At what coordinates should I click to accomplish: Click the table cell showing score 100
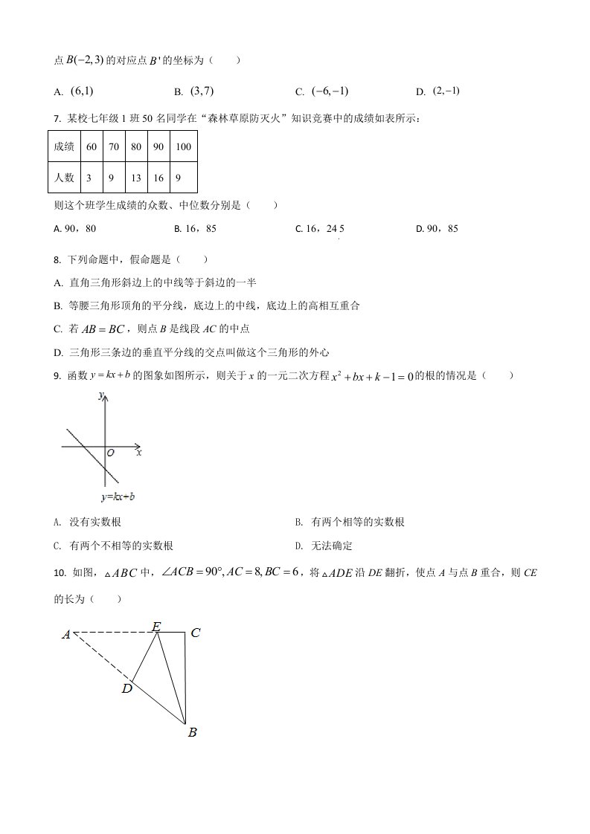pyautogui.click(x=183, y=146)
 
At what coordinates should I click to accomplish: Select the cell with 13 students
pyautogui.click(x=135, y=178)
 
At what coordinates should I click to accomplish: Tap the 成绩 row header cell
pyautogui.click(x=64, y=146)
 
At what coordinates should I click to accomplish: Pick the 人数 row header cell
pyautogui.click(x=64, y=178)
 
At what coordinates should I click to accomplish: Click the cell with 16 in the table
pyautogui.click(x=158, y=178)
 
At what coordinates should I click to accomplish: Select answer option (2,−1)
pyautogui.click(x=446, y=91)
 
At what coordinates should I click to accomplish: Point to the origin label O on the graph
pyautogui.click(x=111, y=452)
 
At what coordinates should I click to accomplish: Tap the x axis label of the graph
pyautogui.click(x=139, y=452)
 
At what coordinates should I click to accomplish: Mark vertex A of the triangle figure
pyautogui.click(x=66, y=634)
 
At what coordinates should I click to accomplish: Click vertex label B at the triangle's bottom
pyautogui.click(x=192, y=733)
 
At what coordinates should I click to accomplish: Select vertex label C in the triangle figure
pyautogui.click(x=196, y=633)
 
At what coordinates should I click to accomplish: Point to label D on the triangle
pyautogui.click(x=127, y=689)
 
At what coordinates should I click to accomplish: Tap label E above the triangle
pyautogui.click(x=156, y=626)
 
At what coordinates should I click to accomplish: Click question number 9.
pyautogui.click(x=57, y=376)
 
